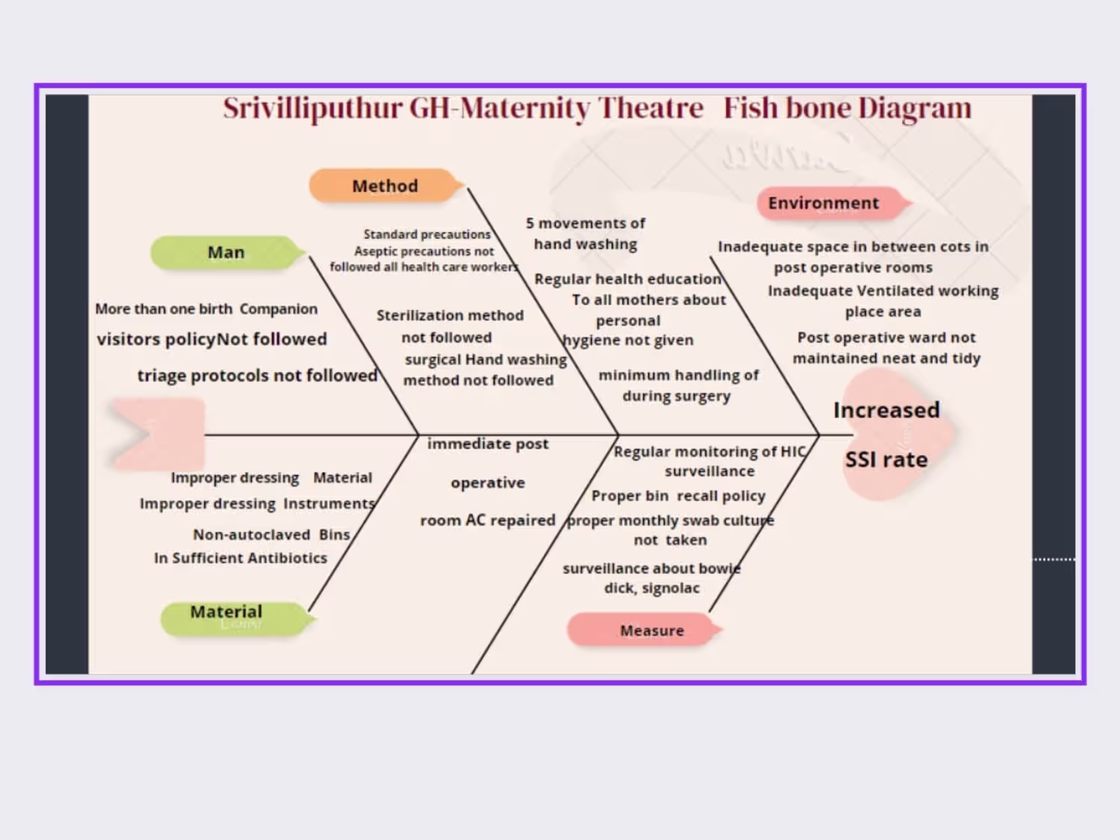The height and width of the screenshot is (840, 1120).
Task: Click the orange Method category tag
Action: (385, 186)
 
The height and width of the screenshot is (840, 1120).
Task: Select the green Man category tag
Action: (226, 252)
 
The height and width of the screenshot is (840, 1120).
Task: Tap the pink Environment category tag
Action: (824, 203)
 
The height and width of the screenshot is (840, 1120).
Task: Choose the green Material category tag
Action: (226, 612)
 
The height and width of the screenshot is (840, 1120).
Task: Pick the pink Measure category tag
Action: (652, 631)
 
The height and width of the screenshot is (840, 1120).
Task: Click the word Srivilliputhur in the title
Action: (312, 109)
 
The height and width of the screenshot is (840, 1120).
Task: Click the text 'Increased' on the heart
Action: (886, 410)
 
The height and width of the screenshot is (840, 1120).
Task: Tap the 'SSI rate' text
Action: (886, 459)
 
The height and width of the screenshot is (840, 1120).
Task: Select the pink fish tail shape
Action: (157, 434)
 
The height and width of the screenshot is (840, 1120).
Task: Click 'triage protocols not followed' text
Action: (257, 376)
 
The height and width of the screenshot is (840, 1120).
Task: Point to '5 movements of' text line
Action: (585, 223)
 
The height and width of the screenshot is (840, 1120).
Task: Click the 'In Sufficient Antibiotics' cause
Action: (240, 558)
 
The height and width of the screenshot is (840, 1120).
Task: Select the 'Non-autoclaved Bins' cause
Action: (271, 535)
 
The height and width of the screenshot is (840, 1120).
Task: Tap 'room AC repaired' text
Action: (488, 520)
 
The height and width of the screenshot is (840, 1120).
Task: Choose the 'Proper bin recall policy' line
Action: (678, 496)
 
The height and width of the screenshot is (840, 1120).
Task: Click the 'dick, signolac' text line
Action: (652, 588)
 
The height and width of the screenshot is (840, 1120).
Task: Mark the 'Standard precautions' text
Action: (427, 234)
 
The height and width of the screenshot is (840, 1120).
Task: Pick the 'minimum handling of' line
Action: (678, 375)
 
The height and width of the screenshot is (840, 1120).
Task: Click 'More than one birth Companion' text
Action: (206, 309)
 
